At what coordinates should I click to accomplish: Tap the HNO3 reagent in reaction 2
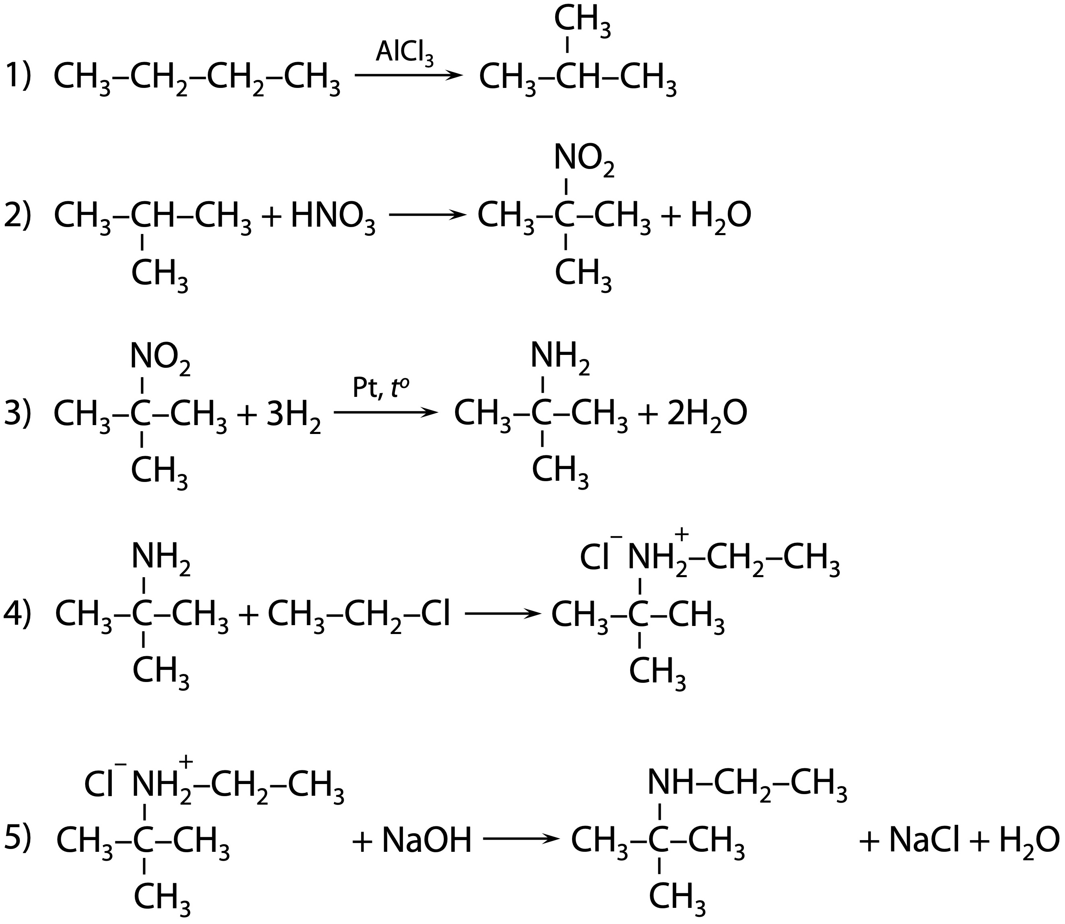[x=333, y=217]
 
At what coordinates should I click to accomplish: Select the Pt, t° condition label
[x=384, y=388]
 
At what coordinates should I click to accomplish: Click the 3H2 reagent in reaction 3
[x=293, y=415]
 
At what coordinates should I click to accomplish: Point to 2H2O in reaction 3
[x=706, y=415]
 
